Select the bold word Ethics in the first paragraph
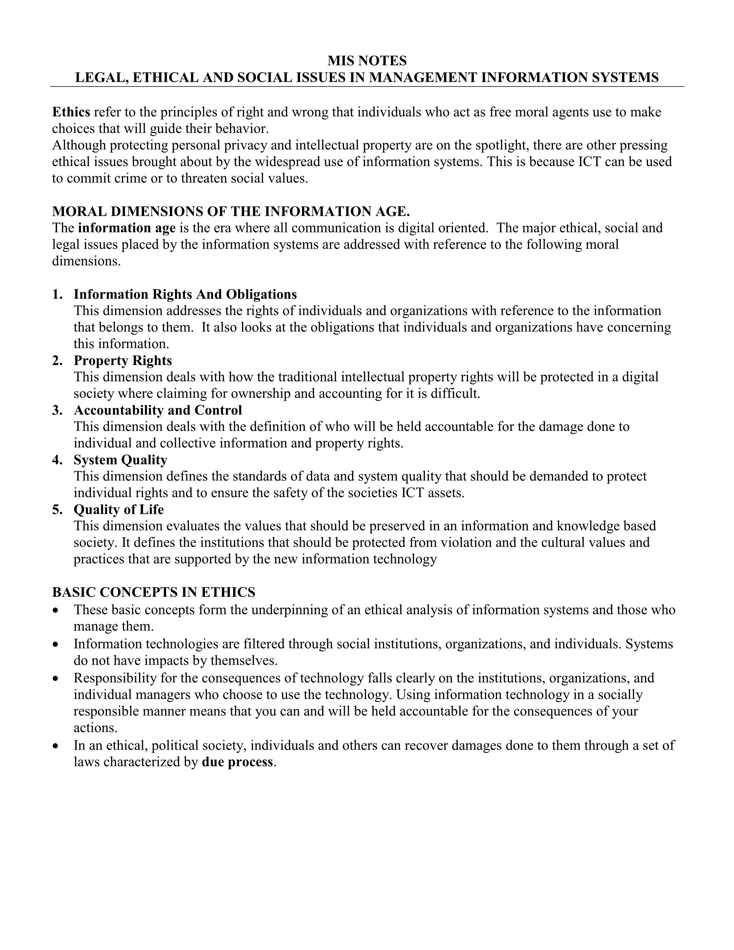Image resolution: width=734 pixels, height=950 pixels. (x=71, y=112)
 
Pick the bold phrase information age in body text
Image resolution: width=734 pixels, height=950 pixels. (x=127, y=228)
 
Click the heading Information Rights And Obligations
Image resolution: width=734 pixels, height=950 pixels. (x=185, y=294)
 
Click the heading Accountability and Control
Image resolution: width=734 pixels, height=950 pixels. (x=158, y=410)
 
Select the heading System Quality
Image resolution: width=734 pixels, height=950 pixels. (x=120, y=460)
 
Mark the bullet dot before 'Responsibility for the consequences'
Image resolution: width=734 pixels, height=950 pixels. (x=55, y=679)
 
